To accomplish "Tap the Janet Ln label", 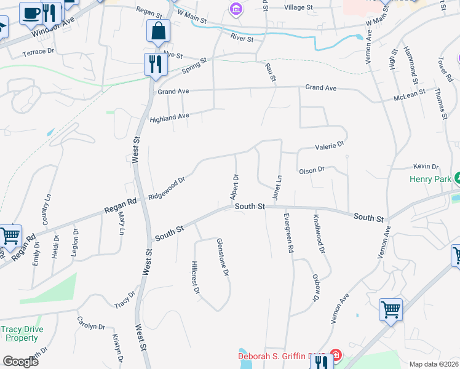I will tap(277, 187).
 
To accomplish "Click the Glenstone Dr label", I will tap(224, 258).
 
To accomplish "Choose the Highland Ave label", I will tap(169, 117).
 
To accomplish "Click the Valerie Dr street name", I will tap(329, 146).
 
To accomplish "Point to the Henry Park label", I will tap(430, 180).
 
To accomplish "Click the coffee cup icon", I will tap(30, 12).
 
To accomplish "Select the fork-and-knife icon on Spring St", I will tap(154, 63).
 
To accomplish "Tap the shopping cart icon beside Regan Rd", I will tap(10, 235).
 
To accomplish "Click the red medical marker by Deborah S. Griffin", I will tap(335, 355).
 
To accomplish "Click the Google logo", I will tap(20, 361).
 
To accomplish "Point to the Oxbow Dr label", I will tap(315, 287).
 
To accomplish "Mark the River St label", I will tap(242, 39).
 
